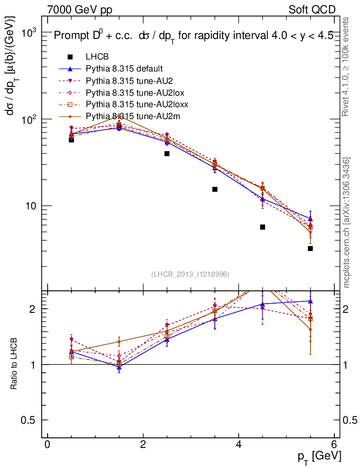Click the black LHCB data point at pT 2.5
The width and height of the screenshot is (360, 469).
tap(167, 153)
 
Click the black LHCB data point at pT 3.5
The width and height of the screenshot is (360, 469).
tap(215, 189)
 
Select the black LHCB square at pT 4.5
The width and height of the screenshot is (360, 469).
tap(262, 227)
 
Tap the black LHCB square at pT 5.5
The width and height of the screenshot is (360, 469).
tap(311, 248)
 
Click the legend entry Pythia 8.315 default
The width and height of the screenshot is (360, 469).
tap(124, 69)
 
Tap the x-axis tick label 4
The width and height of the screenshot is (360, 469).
tap(239, 445)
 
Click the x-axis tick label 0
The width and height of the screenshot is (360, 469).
tap(47, 445)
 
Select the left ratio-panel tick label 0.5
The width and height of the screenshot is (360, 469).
tap(33, 420)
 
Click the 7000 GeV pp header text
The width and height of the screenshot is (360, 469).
tap(80, 10)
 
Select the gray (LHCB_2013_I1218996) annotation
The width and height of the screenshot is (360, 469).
tap(190, 274)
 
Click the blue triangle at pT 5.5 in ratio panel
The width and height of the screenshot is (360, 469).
tap(311, 301)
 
